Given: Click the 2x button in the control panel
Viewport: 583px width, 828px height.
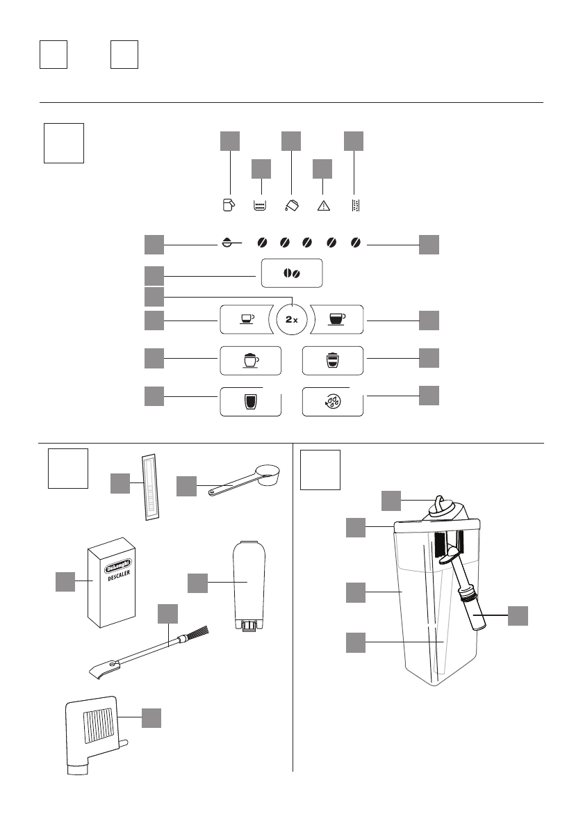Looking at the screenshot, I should coord(292,320).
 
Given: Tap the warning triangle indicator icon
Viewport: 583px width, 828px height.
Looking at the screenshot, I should coord(323,205).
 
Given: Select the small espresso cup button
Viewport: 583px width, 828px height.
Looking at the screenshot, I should coord(247,319).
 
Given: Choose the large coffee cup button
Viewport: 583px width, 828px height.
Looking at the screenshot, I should coord(336,319).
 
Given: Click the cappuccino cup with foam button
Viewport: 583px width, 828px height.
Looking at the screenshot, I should coord(250,359).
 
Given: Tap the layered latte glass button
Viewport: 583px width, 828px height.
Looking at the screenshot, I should coord(334,359).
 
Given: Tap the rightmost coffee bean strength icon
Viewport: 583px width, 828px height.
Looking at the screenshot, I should coord(356,243).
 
